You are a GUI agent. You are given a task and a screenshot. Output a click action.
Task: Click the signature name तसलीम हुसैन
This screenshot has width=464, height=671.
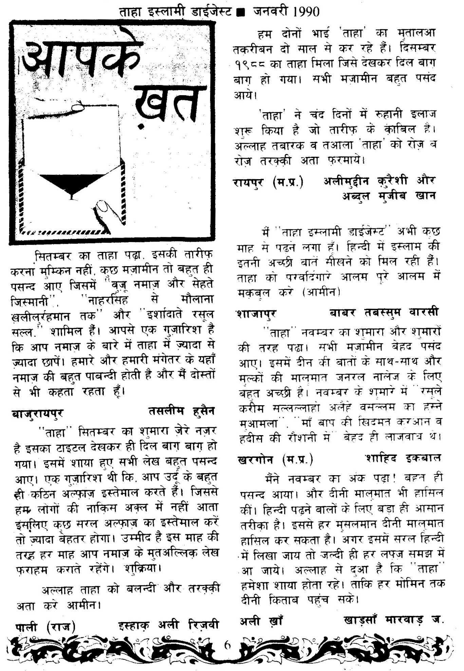181,411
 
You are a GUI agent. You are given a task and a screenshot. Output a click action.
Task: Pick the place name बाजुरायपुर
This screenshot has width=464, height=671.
37,413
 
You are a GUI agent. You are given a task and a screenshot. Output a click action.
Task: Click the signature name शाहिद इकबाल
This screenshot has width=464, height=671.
403,458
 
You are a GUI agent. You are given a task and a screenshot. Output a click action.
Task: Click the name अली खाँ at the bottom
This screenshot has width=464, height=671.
262,621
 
